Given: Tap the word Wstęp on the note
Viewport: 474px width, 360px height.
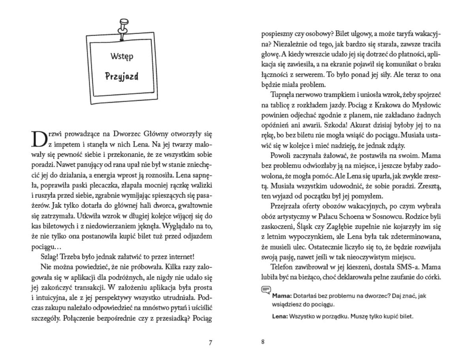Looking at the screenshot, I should pos(122,56).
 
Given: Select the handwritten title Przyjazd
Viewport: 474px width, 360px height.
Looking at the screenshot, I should pos(122,76).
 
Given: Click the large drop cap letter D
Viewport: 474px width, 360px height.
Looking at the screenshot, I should pos(39,139).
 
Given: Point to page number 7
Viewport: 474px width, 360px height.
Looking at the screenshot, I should pos(210,343).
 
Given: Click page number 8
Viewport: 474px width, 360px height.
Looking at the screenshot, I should pos(263,342).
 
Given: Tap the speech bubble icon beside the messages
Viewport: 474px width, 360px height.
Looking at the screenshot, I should pos(266,290).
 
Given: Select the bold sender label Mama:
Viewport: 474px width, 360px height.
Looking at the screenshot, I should pos(282,296).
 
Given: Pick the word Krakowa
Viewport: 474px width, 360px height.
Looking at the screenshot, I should pos(378,106).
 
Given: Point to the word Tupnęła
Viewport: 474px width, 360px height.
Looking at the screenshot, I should pos(284,95).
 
